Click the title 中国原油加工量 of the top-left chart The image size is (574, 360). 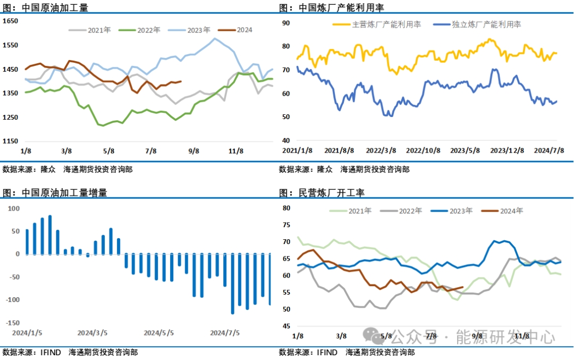pos(55,8)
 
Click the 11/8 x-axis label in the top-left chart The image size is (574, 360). pos(235,150)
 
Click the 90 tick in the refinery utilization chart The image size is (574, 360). pos(285,23)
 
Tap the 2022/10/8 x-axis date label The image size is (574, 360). pos(424,150)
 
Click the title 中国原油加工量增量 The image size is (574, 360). pos(64,192)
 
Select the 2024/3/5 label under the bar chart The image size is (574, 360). pos(92,333)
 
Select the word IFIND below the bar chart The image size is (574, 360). pos(51,352)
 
